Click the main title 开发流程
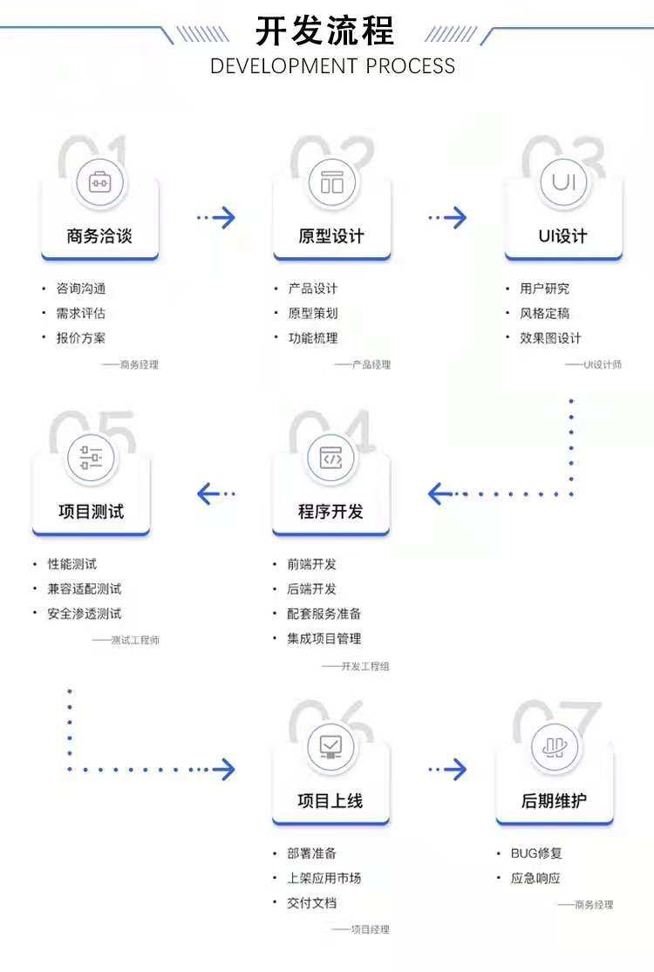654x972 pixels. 324,31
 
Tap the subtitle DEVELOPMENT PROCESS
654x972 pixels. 332,66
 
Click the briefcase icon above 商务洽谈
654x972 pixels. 100,183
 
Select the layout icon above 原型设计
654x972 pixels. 332,183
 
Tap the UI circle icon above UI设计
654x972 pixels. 563,183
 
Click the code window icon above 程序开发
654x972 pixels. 331,458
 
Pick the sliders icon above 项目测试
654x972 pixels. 92,458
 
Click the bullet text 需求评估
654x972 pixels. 80,313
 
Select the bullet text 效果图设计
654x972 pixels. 550,338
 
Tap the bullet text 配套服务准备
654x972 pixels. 324,614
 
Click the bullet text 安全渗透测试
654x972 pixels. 85,614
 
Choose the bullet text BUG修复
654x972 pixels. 536,853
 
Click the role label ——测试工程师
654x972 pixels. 126,641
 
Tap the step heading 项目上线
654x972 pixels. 330,800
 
